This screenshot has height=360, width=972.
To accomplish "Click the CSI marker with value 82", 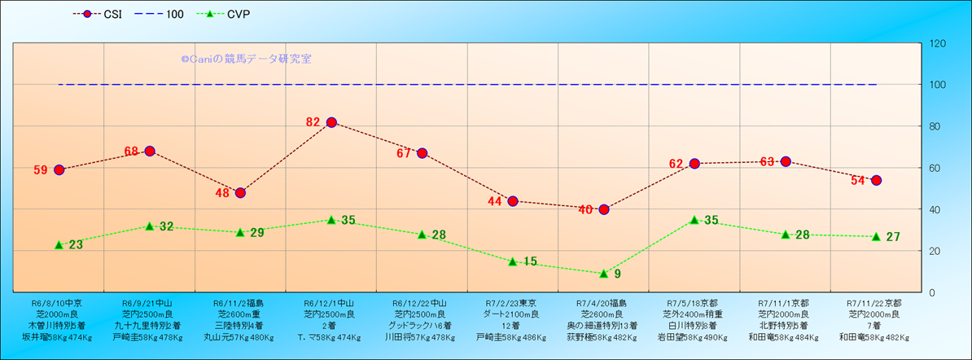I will tap(331, 122).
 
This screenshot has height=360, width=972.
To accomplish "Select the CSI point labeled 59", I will tap(59, 169).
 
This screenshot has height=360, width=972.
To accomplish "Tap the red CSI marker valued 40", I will tap(604, 209).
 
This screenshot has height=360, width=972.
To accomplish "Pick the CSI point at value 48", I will tap(240, 192).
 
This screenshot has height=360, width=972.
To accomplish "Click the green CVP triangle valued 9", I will tap(604, 274).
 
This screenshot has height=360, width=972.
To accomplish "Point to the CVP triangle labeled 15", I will tap(513, 261).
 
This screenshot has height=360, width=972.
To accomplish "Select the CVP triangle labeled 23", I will tap(59, 244).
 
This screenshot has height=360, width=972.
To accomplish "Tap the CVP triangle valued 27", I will tap(877, 236).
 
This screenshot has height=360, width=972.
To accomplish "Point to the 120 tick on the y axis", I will tap(938, 43).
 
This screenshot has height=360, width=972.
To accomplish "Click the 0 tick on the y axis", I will tap(932, 292).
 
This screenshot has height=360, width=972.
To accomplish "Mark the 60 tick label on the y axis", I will tap(935, 168).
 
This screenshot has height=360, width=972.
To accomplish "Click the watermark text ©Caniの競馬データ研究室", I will tap(246, 59).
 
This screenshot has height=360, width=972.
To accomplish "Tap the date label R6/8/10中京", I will tap(58, 302).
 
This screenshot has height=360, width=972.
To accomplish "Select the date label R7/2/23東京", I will tap(513, 302).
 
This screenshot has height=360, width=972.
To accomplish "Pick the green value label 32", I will tap(166, 226).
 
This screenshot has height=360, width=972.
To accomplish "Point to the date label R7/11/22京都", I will tap(877, 302).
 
